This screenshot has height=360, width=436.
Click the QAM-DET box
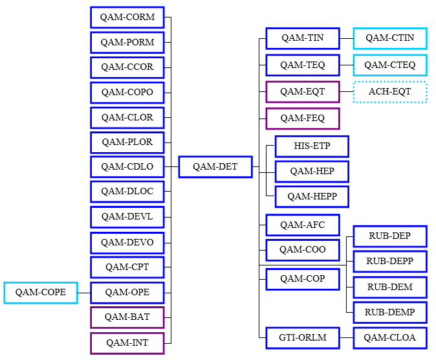coord(215,167)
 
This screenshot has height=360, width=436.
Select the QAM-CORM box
coord(127,17)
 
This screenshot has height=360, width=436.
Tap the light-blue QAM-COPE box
coord(40,293)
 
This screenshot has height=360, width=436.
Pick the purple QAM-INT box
coord(127,343)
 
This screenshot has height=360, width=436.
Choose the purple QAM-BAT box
coord(127,318)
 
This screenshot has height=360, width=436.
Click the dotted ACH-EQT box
coord(389,92)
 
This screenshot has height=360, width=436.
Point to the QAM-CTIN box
coord(389,38)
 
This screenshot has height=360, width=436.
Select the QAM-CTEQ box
coord(389,65)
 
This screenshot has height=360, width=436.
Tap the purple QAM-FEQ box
coord(302,119)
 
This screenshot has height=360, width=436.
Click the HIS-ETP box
coord(312,146)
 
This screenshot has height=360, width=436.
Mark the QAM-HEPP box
coord(312,196)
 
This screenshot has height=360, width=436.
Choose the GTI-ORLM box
coord(302,338)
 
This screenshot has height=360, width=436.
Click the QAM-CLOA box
coord(389,338)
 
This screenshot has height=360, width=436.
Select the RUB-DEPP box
coord(389,262)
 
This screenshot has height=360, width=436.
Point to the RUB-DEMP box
coord(389,313)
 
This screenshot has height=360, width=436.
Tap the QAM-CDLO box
coord(127,167)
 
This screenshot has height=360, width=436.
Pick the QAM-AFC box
coord(302,225)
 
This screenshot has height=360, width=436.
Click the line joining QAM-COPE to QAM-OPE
coord(84,293)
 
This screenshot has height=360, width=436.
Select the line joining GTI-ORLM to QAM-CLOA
coord(346,338)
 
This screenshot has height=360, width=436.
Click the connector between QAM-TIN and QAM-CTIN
coord(346,38)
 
